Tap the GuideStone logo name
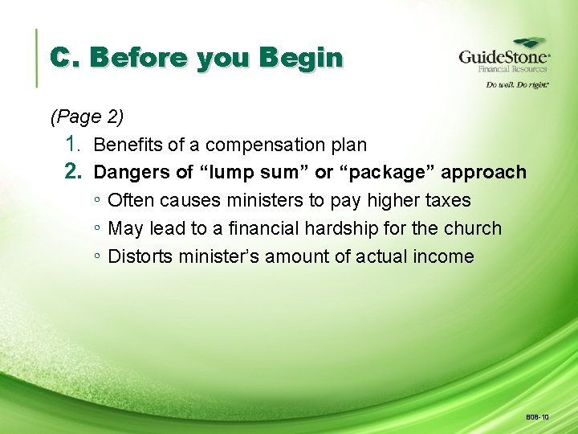(x=503, y=57)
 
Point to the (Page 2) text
(x=87, y=117)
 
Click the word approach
(x=484, y=173)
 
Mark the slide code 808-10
(x=537, y=417)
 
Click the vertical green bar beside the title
(x=37, y=58)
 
